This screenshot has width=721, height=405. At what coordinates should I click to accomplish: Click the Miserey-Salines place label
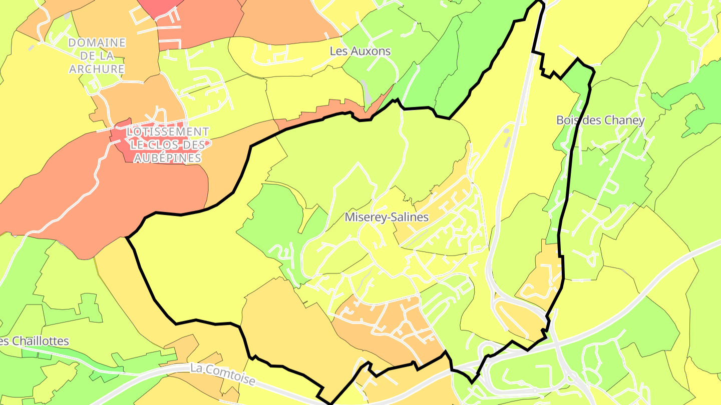[387, 217]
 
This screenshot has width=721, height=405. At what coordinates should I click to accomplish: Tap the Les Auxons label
[360, 51]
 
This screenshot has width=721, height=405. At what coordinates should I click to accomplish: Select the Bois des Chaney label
[600, 120]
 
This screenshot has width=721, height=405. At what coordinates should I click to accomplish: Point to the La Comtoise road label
[223, 374]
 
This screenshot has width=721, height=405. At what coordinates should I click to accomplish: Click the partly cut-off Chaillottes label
[34, 341]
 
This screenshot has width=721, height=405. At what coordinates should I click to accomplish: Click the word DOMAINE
[97, 43]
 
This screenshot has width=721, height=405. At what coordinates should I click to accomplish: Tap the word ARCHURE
[97, 69]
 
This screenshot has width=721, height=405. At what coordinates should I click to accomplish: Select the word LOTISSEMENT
[167, 132]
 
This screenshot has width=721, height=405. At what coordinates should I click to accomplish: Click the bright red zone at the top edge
[160, 6]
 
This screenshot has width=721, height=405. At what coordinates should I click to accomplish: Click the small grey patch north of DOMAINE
[67, 16]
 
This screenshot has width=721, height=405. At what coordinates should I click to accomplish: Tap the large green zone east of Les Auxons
[481, 50]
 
